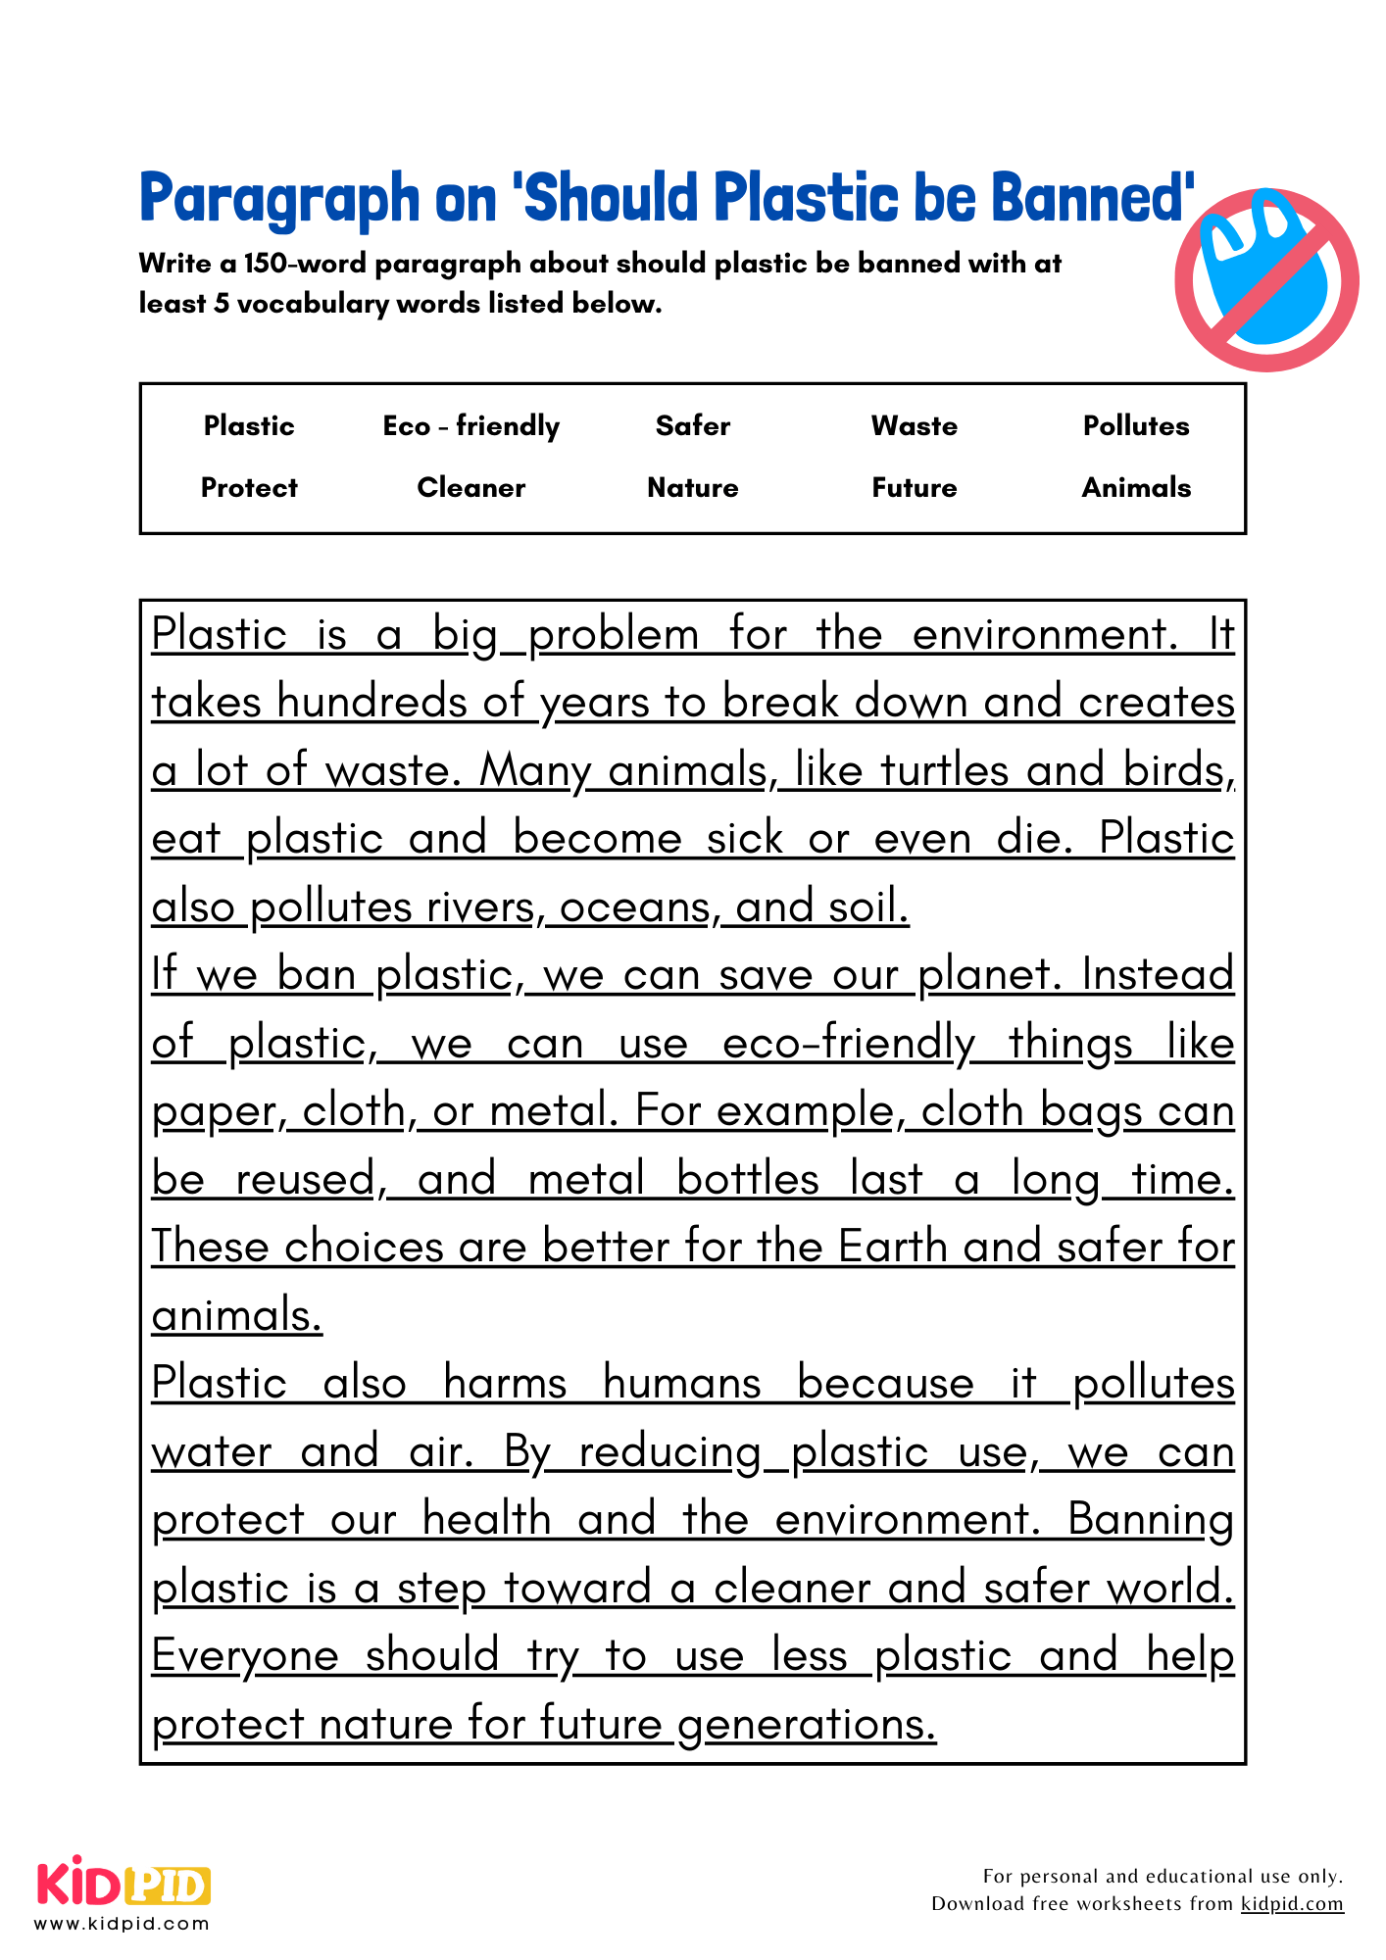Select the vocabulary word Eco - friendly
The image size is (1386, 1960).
click(x=470, y=426)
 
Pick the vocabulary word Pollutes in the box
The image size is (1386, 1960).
click(x=1135, y=426)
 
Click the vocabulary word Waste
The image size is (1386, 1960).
click(x=914, y=426)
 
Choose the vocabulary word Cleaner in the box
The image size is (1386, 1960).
click(x=470, y=488)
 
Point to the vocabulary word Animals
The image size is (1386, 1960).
click(x=1135, y=488)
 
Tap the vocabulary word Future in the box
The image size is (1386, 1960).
click(x=914, y=488)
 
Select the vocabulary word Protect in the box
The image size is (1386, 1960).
click(x=249, y=488)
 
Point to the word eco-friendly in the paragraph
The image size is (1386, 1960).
click(x=849, y=1043)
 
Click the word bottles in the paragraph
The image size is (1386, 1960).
click(x=747, y=1179)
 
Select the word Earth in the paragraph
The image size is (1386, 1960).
click(x=893, y=1247)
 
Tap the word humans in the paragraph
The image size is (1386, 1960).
click(x=681, y=1383)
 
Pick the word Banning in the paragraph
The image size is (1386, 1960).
click(x=1150, y=1520)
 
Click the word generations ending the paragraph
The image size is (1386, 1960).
click(x=806, y=1725)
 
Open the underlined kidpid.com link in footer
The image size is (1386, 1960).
click(x=1291, y=1904)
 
